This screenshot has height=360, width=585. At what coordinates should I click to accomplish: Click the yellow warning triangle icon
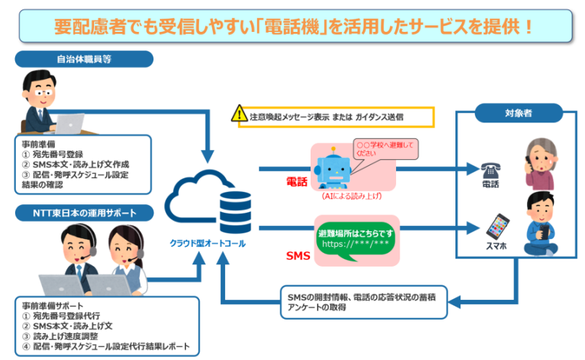[239, 113]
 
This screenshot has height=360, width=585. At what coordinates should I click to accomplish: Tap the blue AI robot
[333, 168]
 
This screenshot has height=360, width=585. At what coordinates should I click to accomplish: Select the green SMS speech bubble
[355, 242]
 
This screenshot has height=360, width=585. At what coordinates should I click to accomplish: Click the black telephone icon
[490, 171]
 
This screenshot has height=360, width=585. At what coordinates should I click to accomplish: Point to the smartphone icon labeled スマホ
[497, 227]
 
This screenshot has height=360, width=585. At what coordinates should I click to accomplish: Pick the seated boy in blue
[541, 223]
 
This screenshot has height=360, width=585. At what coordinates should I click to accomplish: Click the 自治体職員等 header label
[84, 59]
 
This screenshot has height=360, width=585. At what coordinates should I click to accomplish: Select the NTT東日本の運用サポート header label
[84, 213]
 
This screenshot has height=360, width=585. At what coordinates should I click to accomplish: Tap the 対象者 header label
[518, 113]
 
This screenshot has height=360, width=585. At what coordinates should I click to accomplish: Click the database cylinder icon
[235, 212]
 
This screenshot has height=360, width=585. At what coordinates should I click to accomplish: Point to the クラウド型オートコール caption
[208, 243]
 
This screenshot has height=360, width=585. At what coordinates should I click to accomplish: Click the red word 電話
[297, 182]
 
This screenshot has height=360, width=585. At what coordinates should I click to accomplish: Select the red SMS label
[298, 256]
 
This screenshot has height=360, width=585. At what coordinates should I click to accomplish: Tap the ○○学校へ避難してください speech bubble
[385, 149]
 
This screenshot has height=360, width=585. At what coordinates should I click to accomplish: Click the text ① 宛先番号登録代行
[61, 316]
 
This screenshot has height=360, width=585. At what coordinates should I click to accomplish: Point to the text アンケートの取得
[316, 307]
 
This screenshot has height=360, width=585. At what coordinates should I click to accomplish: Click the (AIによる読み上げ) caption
[352, 196]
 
